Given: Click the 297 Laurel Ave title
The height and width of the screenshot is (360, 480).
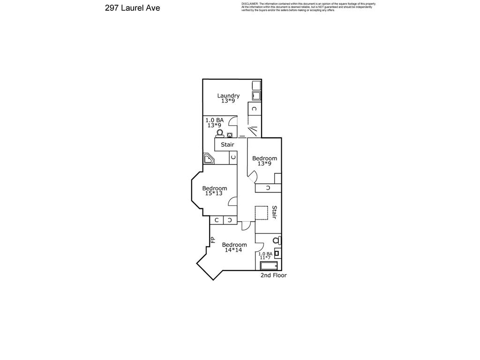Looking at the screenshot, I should click(133, 8).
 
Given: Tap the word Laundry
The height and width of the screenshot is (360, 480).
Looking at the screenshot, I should click(228, 96).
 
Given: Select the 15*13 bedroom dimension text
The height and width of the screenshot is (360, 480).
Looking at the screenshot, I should click(214, 193).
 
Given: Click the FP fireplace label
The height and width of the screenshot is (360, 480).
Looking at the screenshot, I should click(212, 240).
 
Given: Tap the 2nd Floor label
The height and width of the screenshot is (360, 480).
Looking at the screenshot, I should click(273, 275).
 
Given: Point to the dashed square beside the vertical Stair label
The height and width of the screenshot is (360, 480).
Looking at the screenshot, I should click(261, 212).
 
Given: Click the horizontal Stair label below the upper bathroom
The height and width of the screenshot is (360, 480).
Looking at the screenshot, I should click(227, 144).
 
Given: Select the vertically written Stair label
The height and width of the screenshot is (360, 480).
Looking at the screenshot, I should click(274, 212).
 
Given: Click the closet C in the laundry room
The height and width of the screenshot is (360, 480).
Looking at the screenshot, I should click(254, 109).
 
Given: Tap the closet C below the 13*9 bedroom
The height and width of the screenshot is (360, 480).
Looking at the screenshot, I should click(268, 188).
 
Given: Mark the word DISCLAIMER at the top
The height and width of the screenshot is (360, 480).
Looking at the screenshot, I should click(249, 4).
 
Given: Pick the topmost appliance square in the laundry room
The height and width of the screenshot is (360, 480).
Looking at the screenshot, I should click(256, 86).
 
